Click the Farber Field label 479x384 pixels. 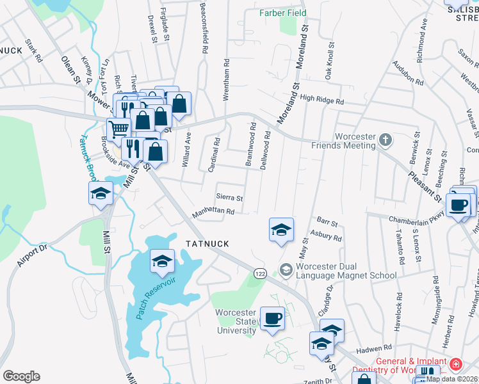coord(282,13)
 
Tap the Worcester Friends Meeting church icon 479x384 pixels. coord(385,138)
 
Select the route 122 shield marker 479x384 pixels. coord(259,273)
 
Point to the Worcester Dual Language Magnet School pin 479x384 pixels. coord(286,271)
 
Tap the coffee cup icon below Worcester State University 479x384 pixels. coord(272,319)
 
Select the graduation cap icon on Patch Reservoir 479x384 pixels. coord(163,260)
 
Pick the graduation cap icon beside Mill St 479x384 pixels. coord(101,194)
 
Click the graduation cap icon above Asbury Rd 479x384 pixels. coord(281,230)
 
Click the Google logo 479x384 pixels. coord(21,376)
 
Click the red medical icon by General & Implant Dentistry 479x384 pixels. coord(455,365)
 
